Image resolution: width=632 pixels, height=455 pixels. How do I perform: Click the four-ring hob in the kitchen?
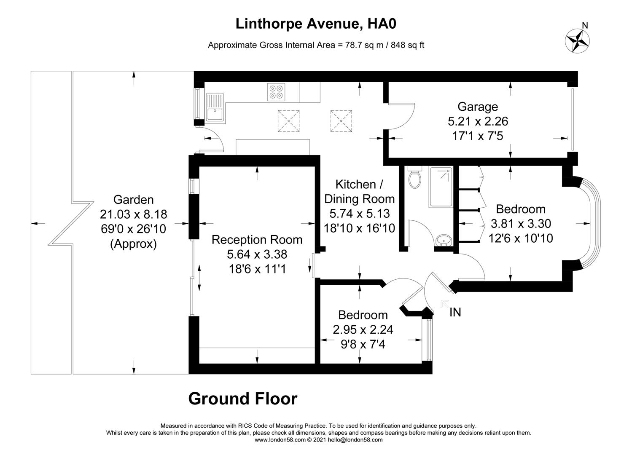pos(276,92)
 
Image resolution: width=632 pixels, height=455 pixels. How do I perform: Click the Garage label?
pos(478,107)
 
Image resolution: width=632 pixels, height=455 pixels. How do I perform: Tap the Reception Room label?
pos(257,240)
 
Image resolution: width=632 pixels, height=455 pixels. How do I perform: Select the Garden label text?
pos(133,200)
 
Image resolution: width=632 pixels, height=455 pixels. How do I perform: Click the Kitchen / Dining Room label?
pos(359,191)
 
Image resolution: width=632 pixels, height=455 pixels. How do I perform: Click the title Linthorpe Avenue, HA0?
pos(316,24)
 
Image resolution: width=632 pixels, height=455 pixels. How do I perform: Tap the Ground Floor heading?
pos(243,399)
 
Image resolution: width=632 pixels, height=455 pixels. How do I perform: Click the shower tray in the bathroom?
pos(441,187)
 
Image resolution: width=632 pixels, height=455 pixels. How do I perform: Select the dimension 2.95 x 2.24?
pos(363,329)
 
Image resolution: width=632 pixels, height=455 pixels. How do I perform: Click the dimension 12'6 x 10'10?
pos(521,238)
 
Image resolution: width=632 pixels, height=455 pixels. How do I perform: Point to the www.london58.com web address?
pos(280,440)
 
